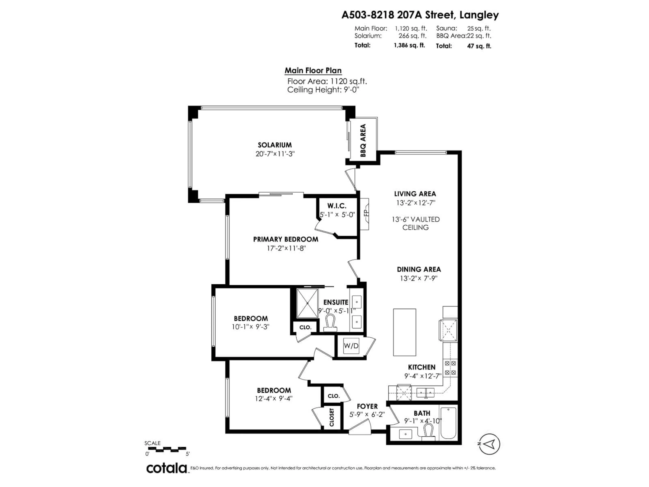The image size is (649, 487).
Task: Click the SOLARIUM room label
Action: (275, 145)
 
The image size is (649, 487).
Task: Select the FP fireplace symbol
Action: (365, 214)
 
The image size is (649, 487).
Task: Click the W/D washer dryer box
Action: (351, 346)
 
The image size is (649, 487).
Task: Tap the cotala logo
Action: (167, 468)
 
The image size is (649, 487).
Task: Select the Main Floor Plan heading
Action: (313, 71)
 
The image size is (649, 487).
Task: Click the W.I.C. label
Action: (337, 206)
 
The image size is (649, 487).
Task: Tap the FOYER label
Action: (367, 406)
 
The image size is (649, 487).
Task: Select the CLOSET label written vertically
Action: (332, 417)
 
